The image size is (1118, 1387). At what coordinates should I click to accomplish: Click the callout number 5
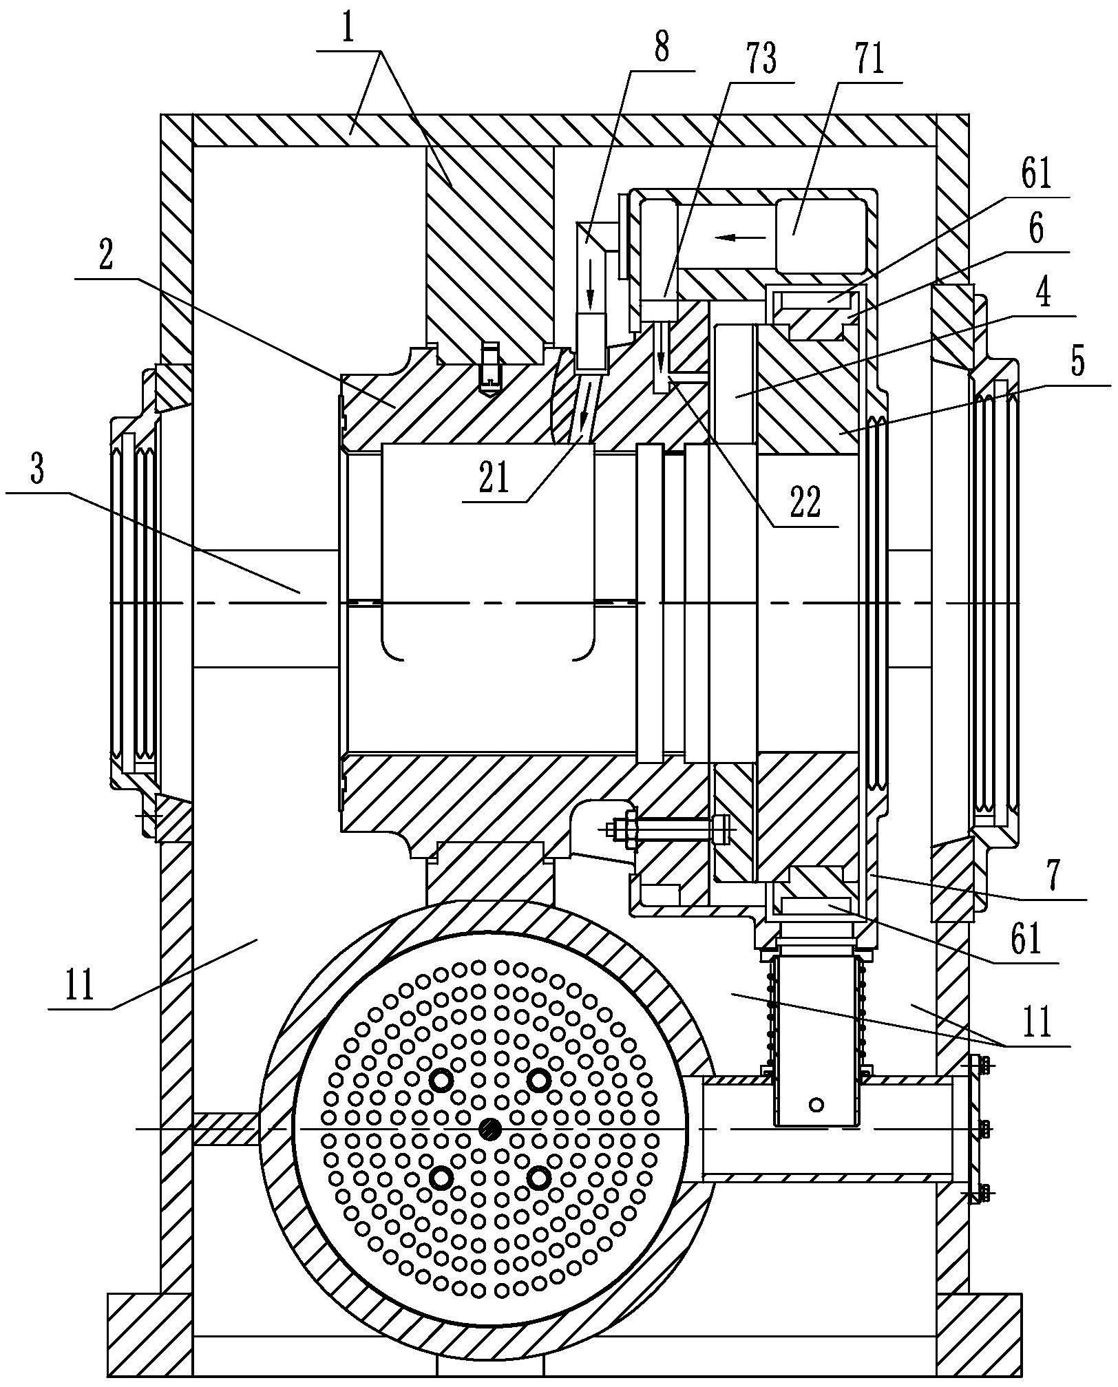coord(1079,360)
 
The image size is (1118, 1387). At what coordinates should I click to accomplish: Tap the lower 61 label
coord(1027,940)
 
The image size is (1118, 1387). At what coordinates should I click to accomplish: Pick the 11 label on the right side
coord(1037,1022)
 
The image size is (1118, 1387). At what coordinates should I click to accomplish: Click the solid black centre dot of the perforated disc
coord(489,1128)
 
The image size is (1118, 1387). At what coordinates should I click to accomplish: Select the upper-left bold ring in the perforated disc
coord(441,1081)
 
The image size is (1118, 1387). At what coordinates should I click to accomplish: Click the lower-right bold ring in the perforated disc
coord(538,1178)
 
